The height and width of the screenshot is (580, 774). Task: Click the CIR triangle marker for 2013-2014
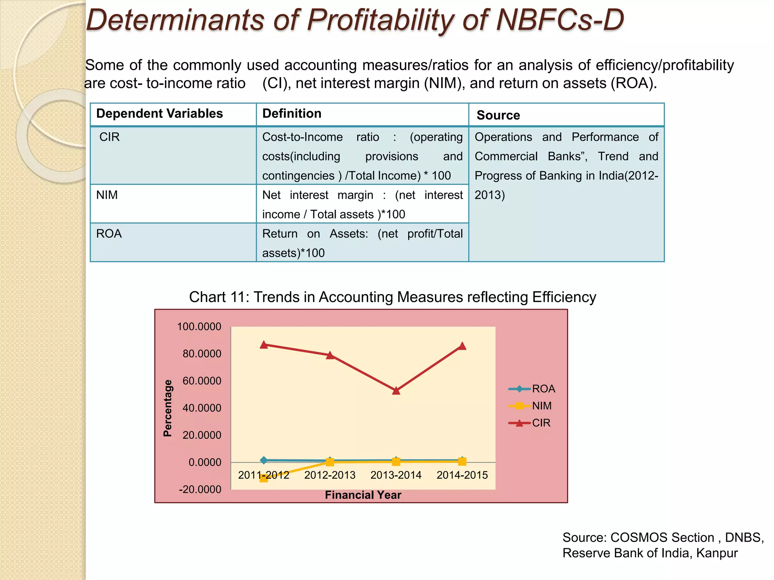(x=396, y=390)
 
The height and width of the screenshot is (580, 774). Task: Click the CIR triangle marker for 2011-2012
(x=264, y=345)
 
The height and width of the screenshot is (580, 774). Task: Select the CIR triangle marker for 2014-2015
(x=462, y=346)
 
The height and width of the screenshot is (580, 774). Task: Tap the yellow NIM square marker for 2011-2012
(x=264, y=478)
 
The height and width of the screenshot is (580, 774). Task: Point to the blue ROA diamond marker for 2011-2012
(x=264, y=460)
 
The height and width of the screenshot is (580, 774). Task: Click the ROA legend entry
(x=532, y=389)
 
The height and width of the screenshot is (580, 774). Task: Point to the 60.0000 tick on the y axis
(x=202, y=381)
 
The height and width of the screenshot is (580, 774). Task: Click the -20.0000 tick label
(x=200, y=489)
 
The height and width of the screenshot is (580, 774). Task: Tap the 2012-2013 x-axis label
(x=330, y=475)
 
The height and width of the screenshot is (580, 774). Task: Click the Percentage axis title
(x=167, y=408)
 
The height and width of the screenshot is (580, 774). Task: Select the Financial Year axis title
(x=363, y=495)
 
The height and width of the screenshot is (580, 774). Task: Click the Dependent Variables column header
(x=159, y=114)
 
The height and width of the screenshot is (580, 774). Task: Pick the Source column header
(x=498, y=115)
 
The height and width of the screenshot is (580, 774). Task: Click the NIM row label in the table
(x=107, y=195)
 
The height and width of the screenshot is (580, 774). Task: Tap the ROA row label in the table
(x=109, y=234)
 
